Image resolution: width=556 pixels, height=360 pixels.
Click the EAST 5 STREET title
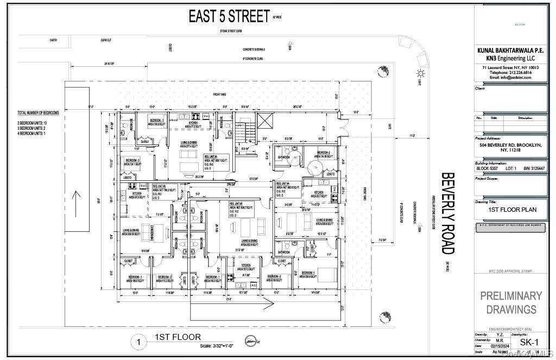pyautogui.click(x=229, y=16)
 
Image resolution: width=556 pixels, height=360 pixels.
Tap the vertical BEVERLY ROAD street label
pyautogui.click(x=448, y=213)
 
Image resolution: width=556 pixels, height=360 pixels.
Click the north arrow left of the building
pyautogui.click(x=77, y=196)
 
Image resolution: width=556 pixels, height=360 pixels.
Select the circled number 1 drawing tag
pyautogui.click(x=140, y=342)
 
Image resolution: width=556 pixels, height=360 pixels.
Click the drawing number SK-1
pyautogui.click(x=529, y=342)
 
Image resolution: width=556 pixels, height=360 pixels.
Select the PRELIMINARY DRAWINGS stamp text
pyautogui.click(x=510, y=302)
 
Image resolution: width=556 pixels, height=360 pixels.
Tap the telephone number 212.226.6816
pyautogui.click(x=510, y=72)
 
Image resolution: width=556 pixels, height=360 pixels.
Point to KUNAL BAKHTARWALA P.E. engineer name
pyautogui.click(x=510, y=50)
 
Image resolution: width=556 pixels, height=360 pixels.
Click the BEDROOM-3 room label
pyautogui.click(x=132, y=161)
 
